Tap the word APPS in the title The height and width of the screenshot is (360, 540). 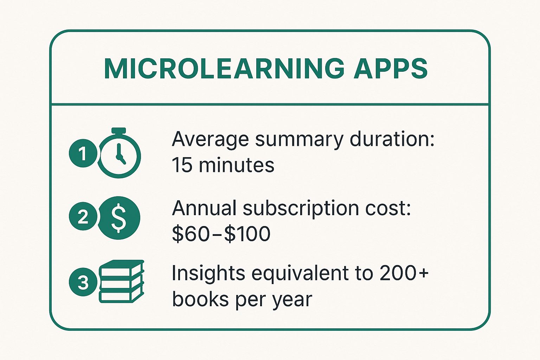point(391,69)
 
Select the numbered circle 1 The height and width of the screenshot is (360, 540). point(83,153)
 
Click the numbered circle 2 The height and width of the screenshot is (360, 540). point(83,216)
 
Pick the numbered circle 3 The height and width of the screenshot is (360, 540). point(83,282)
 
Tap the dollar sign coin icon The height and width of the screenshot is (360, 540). point(118,218)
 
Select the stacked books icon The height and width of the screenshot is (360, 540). point(122,281)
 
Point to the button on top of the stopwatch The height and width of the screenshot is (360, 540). point(119,130)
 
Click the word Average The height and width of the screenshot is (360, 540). point(210,140)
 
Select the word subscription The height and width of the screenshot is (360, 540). point(300,209)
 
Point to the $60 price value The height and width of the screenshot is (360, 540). point(190,233)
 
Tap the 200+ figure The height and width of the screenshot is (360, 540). point(404,273)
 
